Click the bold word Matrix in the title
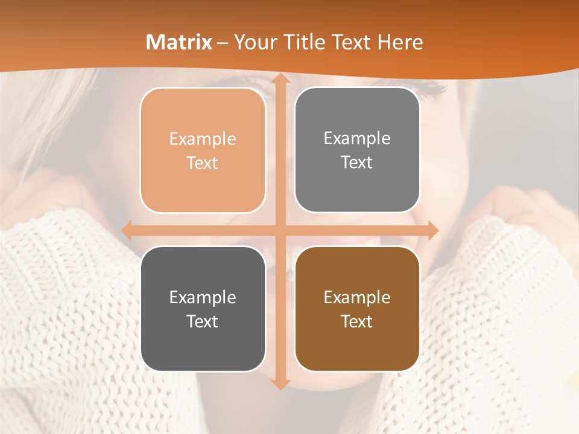(x=179, y=42)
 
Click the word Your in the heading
(x=253, y=42)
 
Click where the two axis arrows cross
(x=280, y=230)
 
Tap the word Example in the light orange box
(x=203, y=139)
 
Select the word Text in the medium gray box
(x=357, y=163)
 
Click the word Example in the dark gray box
(x=203, y=298)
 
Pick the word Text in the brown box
(x=357, y=322)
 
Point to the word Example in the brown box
(x=357, y=298)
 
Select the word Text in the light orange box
(x=203, y=163)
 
